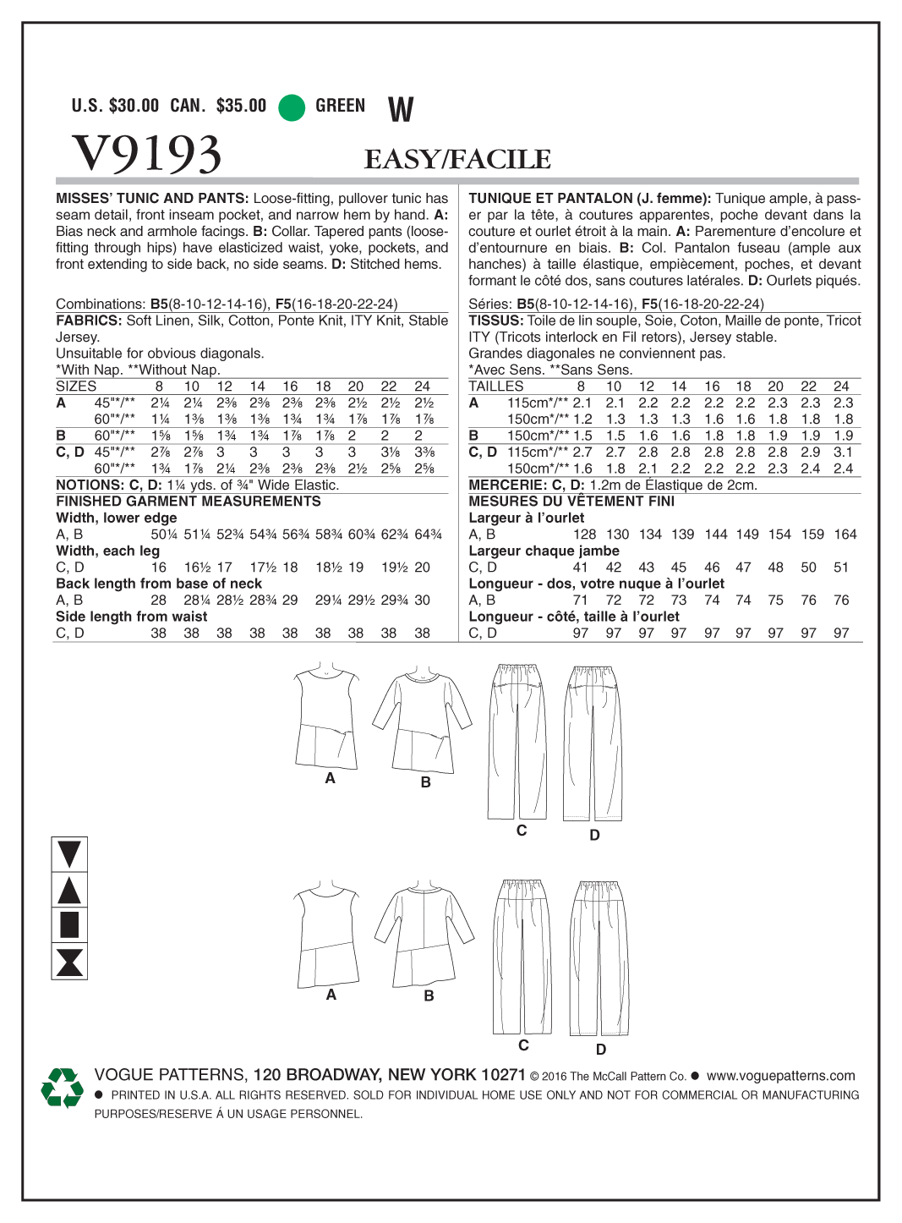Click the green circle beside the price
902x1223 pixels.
point(292,107)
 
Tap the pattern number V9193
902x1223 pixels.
point(147,154)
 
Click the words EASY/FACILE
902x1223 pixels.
point(457,159)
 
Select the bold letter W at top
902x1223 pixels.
point(401,109)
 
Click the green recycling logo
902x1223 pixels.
point(62,1088)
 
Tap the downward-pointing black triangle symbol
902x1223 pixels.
point(69,854)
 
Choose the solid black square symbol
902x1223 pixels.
point(69,924)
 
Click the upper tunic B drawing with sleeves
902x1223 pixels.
point(422,720)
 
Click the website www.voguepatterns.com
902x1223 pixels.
point(780,1076)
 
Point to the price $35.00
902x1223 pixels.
point(241,106)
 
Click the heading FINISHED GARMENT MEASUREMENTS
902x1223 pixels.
point(189,502)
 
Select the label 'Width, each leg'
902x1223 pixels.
point(107,551)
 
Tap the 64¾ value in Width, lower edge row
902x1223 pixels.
point(429,535)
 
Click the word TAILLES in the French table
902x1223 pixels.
point(496,387)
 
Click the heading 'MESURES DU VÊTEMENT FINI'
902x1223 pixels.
point(571,502)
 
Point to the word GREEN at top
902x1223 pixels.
point(341,106)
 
